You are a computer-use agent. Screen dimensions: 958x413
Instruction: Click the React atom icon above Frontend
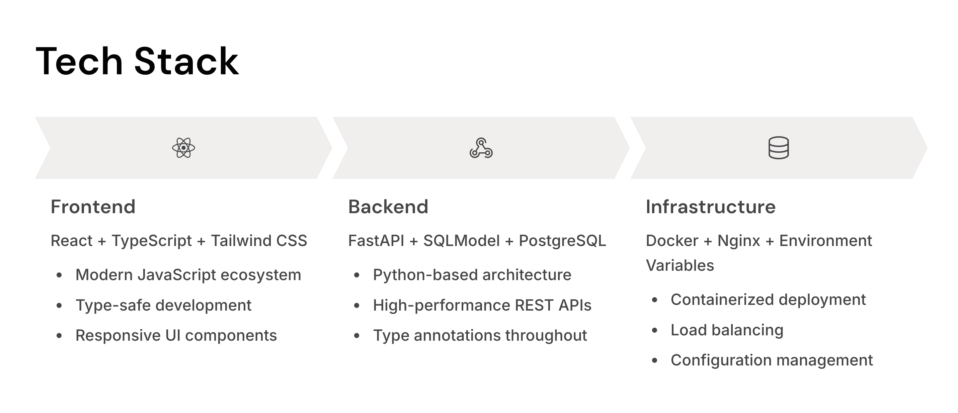[183, 148]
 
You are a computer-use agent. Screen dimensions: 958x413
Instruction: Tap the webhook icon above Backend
[481, 148]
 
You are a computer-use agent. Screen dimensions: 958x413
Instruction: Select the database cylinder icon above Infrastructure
[778, 148]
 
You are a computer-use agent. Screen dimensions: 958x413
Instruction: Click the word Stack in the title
[186, 61]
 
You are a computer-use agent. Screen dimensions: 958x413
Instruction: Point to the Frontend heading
[93, 207]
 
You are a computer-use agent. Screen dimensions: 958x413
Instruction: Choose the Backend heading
[388, 207]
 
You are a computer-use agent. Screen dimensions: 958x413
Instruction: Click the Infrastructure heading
[710, 207]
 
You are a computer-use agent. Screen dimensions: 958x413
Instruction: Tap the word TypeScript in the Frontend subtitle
[151, 241]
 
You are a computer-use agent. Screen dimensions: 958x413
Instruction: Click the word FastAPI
[376, 241]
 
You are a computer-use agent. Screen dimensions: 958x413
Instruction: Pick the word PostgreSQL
[562, 241]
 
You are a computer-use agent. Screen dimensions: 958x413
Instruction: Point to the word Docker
[672, 241]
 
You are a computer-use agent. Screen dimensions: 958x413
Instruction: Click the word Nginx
[738, 241]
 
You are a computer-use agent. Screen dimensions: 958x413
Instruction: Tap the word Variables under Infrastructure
[680, 265]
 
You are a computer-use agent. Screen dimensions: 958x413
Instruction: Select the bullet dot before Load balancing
[654, 330]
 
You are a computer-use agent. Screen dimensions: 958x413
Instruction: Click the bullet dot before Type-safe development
[59, 306]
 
